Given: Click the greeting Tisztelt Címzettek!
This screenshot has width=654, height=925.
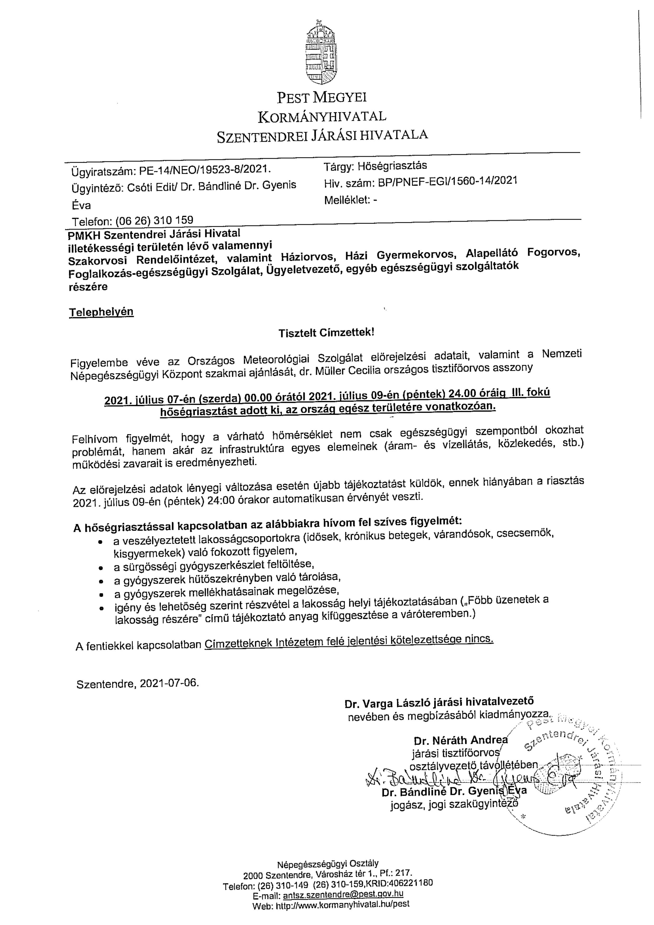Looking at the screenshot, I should click(x=327, y=333).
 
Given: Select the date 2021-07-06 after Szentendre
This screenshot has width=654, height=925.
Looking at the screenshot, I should click(x=169, y=684).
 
